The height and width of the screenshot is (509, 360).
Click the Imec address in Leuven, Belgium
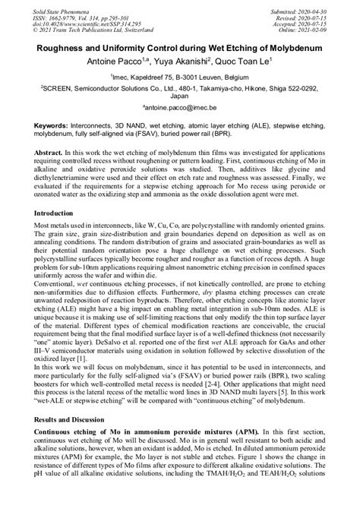coord(181,77)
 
